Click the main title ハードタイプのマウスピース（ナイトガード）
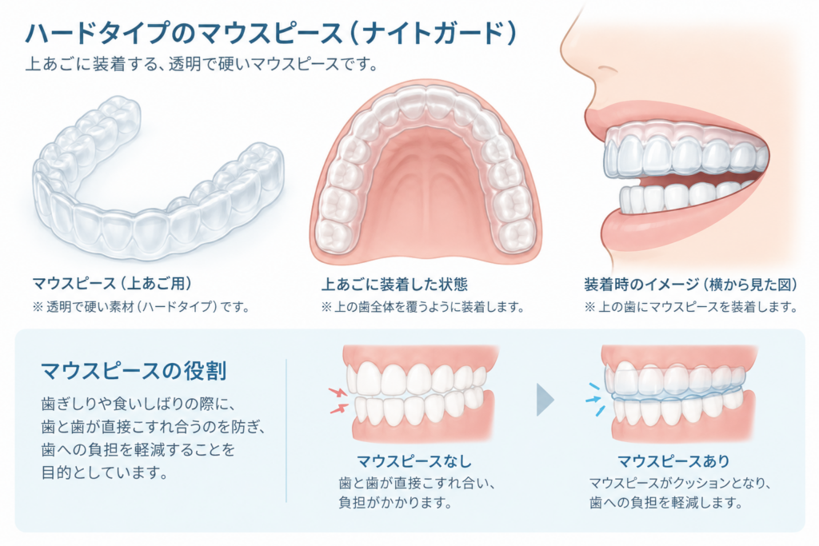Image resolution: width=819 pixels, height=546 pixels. coord(270,34)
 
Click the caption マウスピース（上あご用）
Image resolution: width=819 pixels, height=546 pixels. coord(112,284)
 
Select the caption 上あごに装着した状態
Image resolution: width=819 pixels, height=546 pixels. coord(394,285)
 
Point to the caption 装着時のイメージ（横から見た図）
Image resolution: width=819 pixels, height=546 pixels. coord(691,285)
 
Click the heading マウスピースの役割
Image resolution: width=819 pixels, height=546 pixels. coord(134,371)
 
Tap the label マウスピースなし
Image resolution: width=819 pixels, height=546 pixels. coord(414,461)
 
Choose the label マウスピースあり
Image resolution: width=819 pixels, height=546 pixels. coord(673,461)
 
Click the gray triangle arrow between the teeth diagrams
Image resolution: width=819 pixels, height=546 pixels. coord(545,401)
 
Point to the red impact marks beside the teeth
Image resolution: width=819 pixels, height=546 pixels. coord(338,400)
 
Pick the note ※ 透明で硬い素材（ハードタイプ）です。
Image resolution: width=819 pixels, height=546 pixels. coord(141,306)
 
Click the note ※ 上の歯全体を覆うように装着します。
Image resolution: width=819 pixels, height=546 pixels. coord(423,307)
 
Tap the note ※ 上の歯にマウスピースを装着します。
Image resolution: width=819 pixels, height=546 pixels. coord(691,307)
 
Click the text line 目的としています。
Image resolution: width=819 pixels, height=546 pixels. coord(105,472)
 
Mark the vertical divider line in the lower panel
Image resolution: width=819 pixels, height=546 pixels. coord(286,431)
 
